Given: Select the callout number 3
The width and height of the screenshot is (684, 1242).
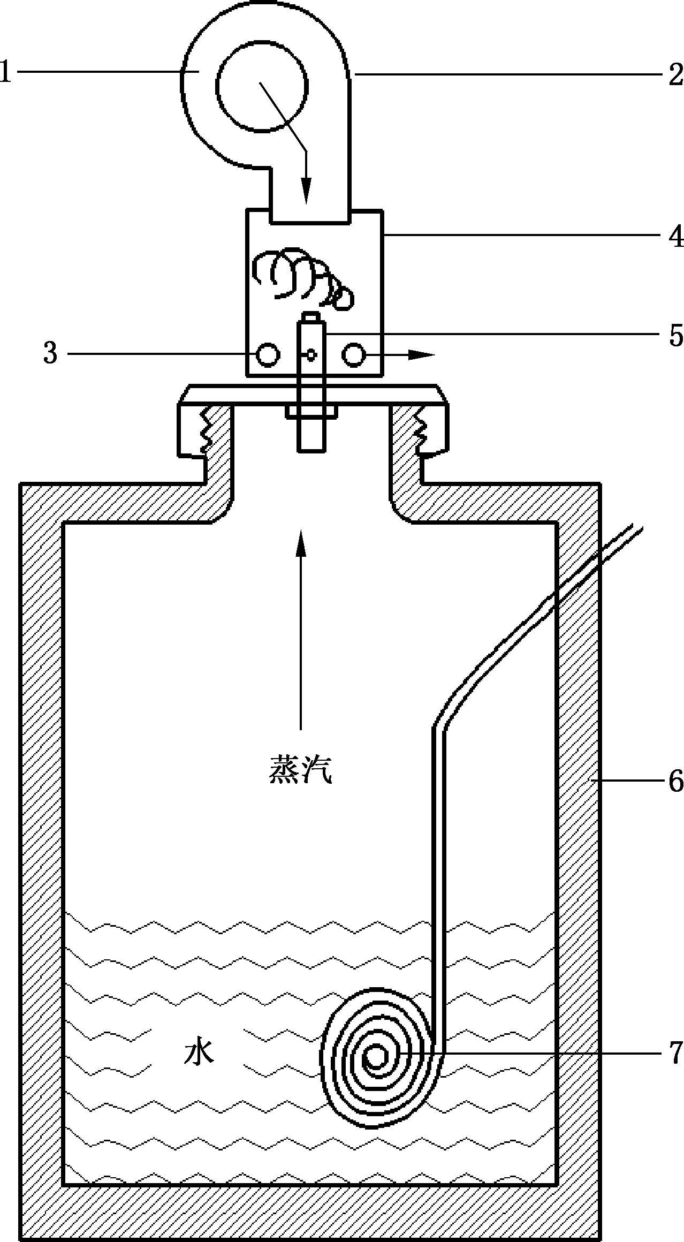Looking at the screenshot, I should pos(50,353).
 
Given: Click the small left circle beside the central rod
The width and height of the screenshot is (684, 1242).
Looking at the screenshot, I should pos(267,354).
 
